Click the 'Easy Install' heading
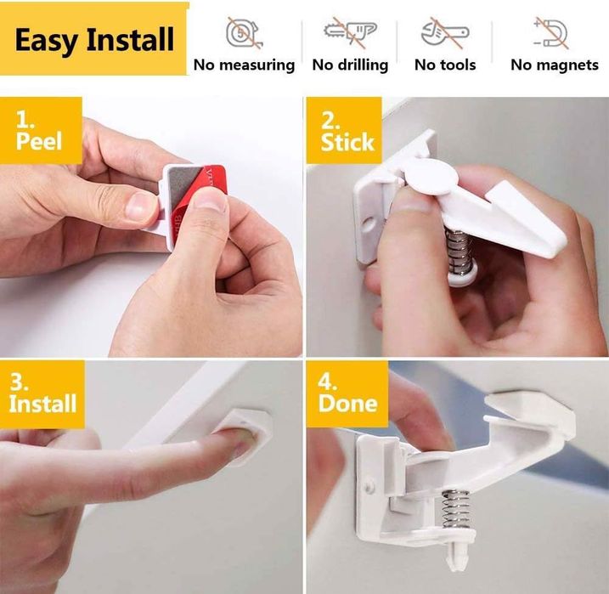(94, 40)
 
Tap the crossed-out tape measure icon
(245, 34)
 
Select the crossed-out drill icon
(350, 32)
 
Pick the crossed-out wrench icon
(445, 33)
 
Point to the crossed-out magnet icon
(550, 33)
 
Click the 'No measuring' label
(244, 65)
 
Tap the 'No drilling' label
(350, 65)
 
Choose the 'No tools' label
(445, 65)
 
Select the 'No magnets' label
(555, 65)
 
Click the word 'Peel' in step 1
(39, 140)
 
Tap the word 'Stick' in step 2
(347, 142)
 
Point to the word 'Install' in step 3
(42, 404)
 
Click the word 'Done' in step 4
(347, 404)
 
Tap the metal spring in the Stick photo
(460, 251)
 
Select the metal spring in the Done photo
(456, 509)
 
